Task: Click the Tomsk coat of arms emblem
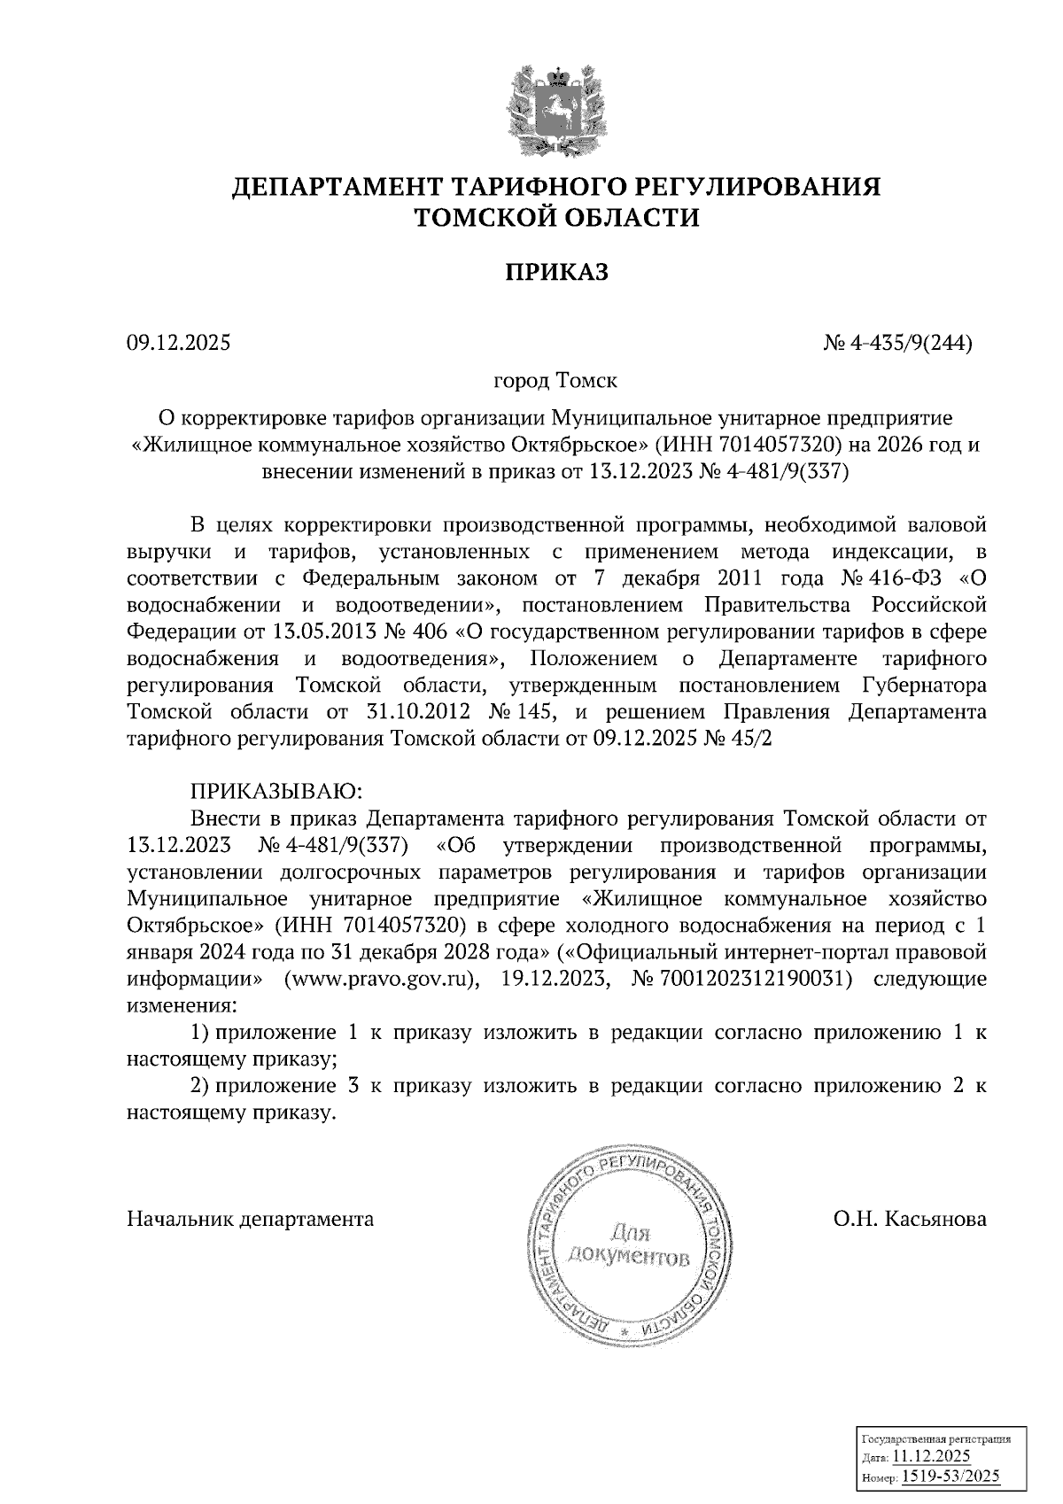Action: tap(556, 105)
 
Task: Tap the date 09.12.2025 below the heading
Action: tap(178, 341)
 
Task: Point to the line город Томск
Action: tap(555, 381)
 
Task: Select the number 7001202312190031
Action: tap(745, 980)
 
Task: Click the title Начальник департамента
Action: tap(251, 1219)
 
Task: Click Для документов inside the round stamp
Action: tap(629, 1244)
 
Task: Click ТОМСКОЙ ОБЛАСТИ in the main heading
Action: tap(557, 216)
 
